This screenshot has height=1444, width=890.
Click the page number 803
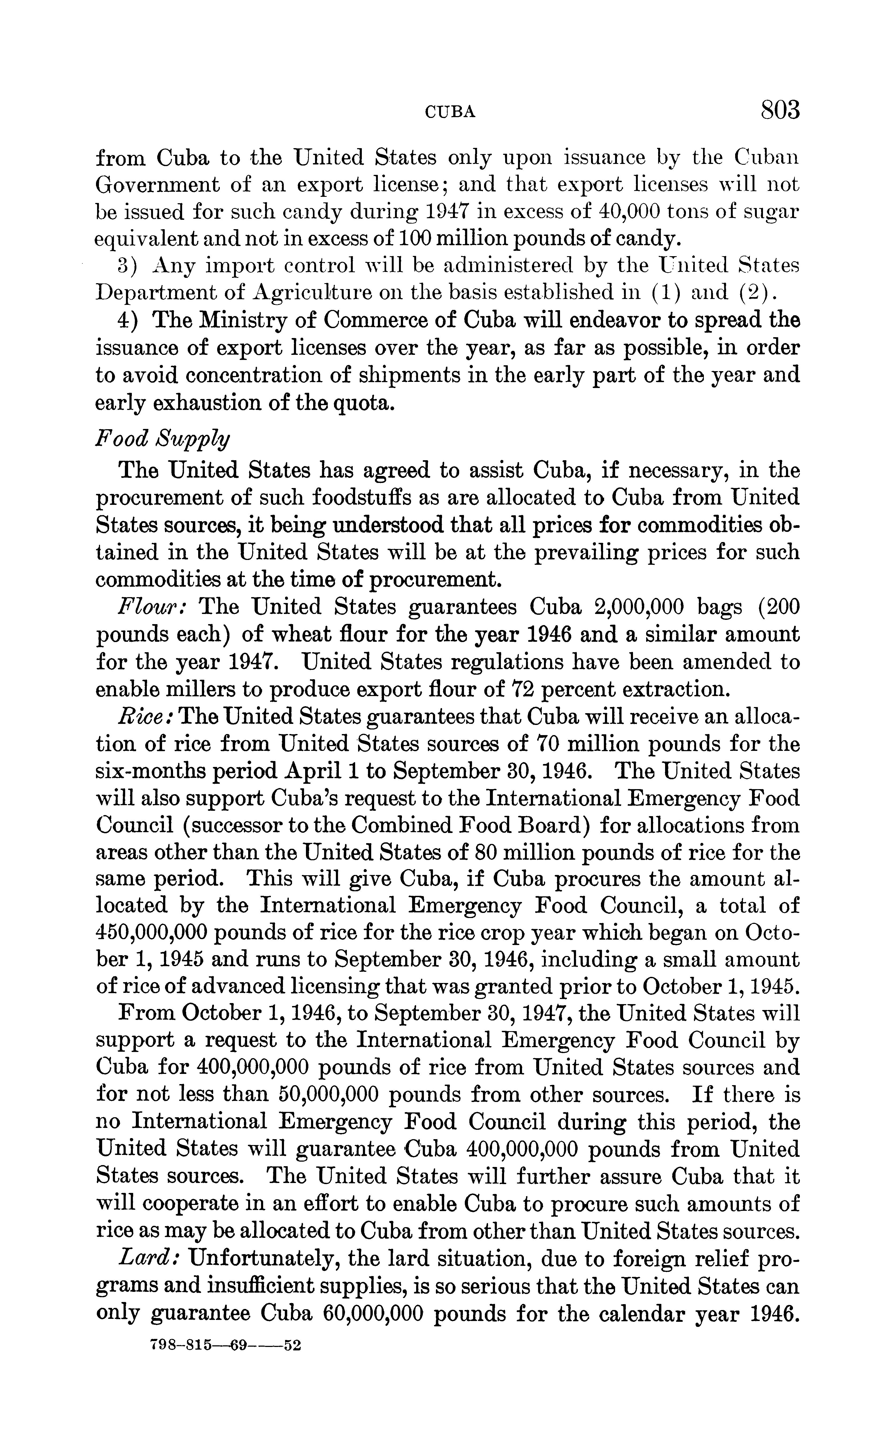click(x=780, y=110)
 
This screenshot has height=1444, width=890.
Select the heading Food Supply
click(x=162, y=439)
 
